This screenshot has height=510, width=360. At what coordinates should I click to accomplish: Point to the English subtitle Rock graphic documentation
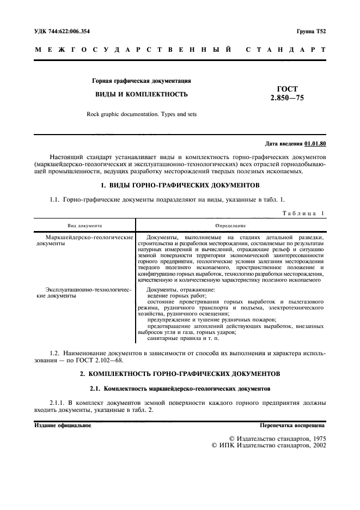point(142,114)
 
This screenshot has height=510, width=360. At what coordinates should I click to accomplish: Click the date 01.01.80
point(315,143)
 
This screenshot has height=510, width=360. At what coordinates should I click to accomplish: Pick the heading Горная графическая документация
point(142,81)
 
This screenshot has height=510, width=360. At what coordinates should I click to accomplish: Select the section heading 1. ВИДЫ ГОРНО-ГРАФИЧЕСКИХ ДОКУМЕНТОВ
point(180,186)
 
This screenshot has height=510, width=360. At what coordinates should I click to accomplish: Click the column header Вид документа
point(84,224)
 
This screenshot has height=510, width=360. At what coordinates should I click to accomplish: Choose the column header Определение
point(230,224)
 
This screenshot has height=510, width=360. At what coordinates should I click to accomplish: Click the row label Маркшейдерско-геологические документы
point(84,241)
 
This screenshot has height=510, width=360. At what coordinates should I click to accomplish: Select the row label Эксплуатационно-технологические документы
point(84,293)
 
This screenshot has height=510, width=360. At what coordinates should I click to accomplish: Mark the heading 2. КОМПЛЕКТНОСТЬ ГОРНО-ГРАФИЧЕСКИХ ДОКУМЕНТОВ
point(180,374)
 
